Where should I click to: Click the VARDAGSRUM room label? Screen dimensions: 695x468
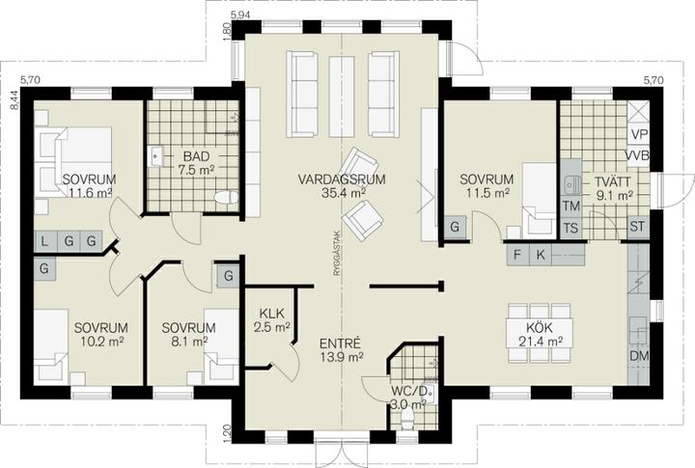[342, 179]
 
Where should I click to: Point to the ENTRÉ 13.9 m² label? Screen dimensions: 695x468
[342, 349]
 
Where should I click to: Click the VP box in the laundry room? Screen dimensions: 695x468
[639, 134]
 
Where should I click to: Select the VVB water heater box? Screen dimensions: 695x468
[637, 155]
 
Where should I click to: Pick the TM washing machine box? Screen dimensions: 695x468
[570, 206]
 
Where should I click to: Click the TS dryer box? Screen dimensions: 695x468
[570, 229]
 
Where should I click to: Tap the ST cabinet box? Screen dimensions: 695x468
[637, 227]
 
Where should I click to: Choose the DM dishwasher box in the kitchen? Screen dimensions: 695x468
[639, 356]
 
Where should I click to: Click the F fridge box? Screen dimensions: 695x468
[516, 255]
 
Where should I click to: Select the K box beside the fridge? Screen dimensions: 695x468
[540, 255]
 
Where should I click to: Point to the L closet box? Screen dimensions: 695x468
[45, 242]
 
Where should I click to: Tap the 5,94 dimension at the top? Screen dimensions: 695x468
[240, 15]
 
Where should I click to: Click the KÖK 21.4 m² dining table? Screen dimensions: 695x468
[540, 333]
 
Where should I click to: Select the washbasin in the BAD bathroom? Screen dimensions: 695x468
[157, 156]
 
